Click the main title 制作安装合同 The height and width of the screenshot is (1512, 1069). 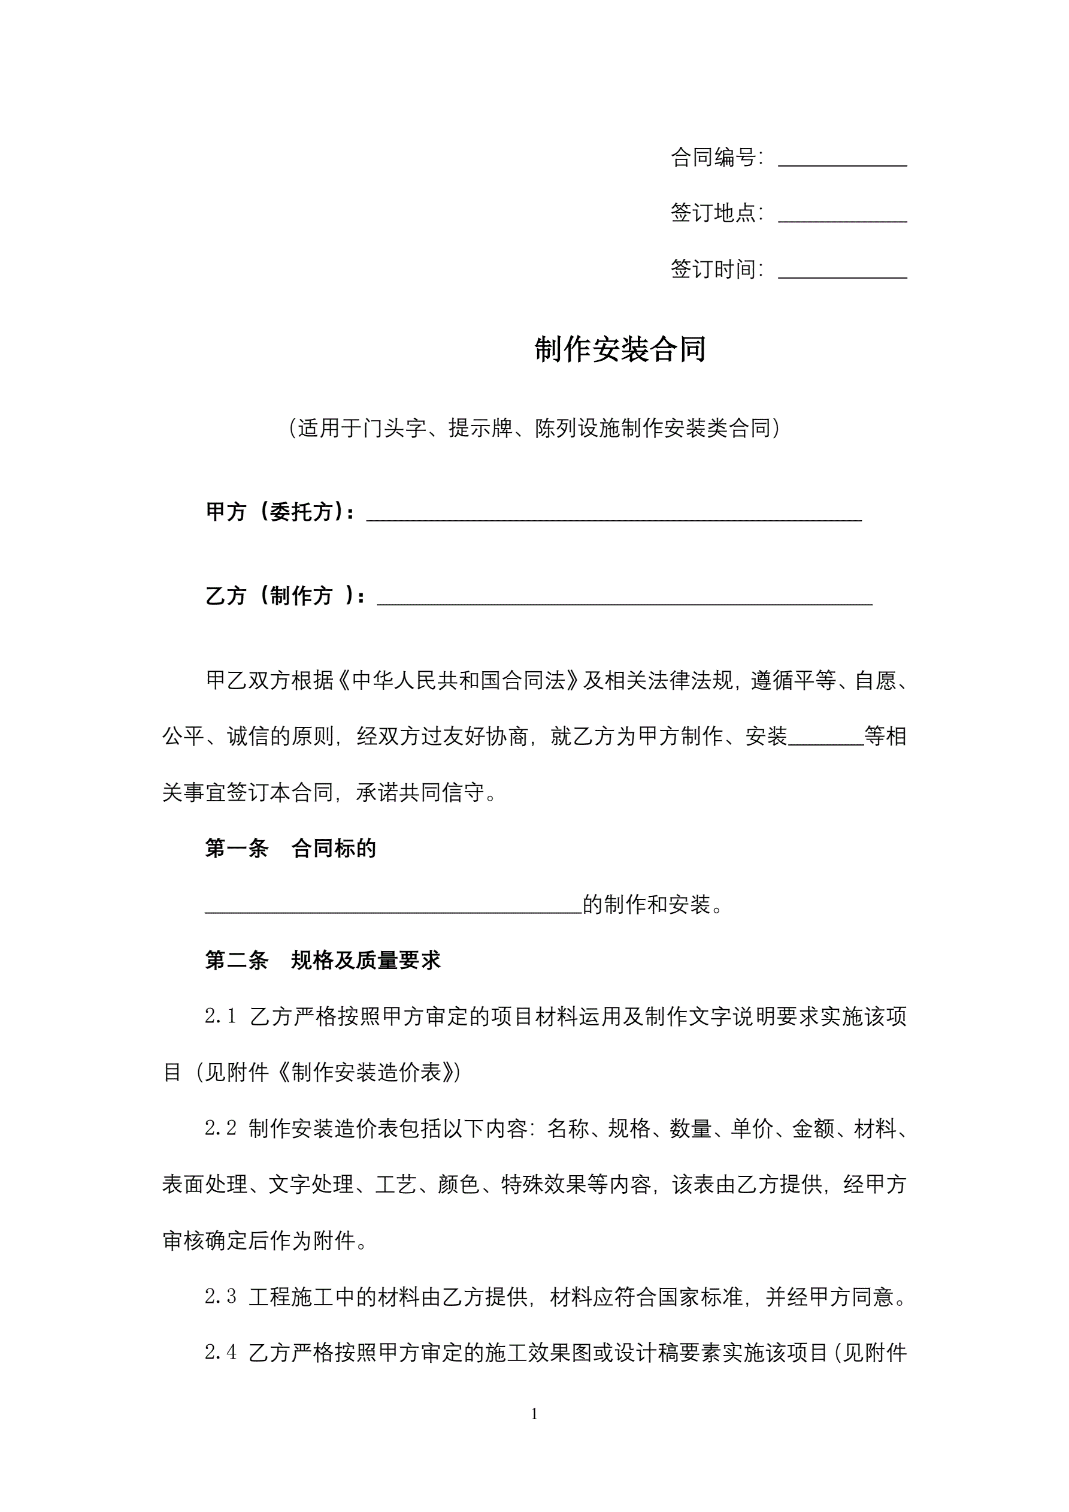[x=620, y=349]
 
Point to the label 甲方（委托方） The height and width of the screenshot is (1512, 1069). [x=279, y=512]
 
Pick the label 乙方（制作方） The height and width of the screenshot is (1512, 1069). [x=284, y=596]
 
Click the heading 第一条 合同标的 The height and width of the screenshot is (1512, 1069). [x=290, y=849]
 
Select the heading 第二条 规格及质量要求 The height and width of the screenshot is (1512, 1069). [x=323, y=961]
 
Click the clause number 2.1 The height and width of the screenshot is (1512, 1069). [x=220, y=1017]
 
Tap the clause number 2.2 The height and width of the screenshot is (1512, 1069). [x=220, y=1128]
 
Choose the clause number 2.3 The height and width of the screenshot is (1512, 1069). [x=220, y=1297]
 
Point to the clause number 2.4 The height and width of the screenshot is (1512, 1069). [x=220, y=1353]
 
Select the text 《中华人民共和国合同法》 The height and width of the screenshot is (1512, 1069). [x=459, y=680]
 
